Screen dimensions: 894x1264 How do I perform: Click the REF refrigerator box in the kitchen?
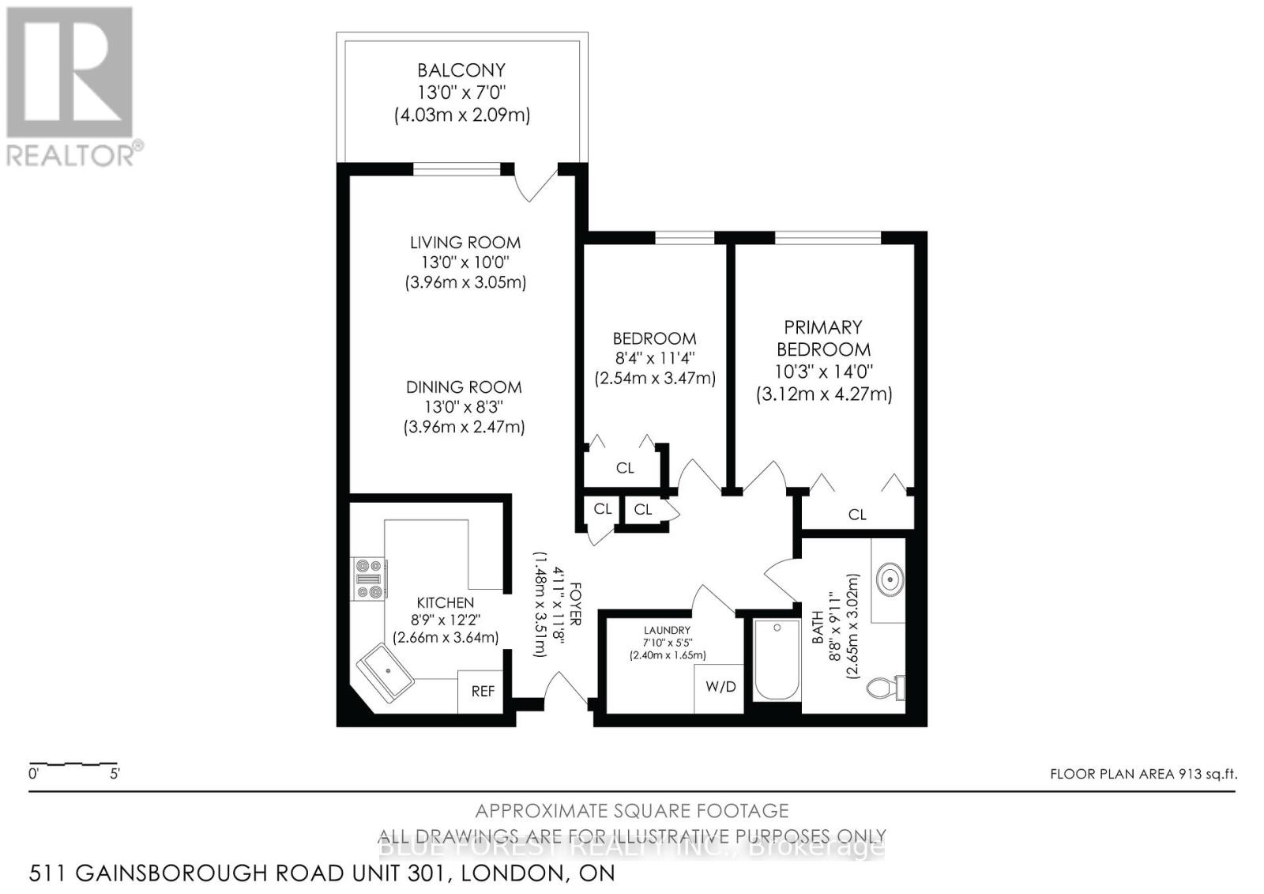(483, 692)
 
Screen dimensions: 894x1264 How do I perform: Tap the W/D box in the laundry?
(720, 687)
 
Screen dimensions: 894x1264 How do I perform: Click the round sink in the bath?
(890, 580)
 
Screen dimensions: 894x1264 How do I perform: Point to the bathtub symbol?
(777, 660)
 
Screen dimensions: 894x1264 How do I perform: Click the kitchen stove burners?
(369, 579)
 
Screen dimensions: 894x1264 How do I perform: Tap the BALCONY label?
(461, 70)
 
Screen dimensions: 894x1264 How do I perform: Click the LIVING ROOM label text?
(465, 243)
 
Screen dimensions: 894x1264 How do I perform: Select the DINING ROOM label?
(464, 387)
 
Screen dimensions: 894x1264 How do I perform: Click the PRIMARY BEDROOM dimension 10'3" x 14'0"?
(823, 372)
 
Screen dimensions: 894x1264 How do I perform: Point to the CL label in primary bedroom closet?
(857, 515)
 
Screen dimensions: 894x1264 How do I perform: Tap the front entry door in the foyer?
(564, 688)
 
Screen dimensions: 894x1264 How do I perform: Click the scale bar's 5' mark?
(115, 774)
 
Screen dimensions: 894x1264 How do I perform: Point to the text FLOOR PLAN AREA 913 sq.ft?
(1142, 774)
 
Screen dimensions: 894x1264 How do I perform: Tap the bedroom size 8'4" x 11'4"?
(654, 359)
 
